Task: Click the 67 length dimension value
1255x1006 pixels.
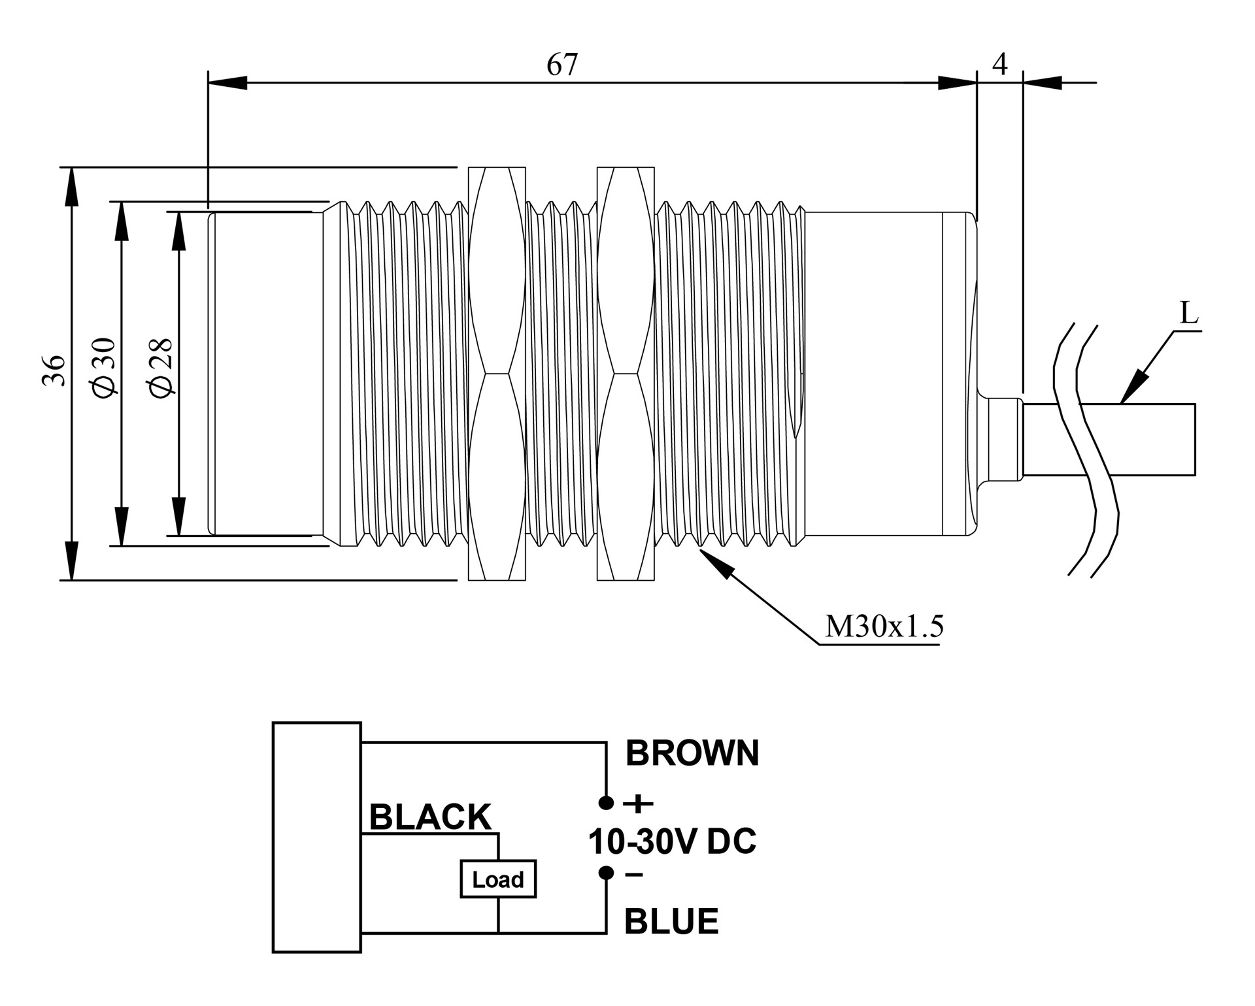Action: coord(562,65)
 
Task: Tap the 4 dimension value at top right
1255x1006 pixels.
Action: coord(1000,63)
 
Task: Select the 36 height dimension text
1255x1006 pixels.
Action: coord(54,370)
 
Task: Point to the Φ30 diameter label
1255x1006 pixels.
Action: coord(104,366)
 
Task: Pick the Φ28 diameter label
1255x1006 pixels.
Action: coord(161,367)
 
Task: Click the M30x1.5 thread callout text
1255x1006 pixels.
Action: coord(884,626)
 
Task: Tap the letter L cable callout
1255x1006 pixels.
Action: coord(1190,314)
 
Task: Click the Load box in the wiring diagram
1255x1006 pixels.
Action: coord(498,879)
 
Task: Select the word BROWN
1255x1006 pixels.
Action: coord(692,753)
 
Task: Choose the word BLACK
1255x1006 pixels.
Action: coord(430,817)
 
